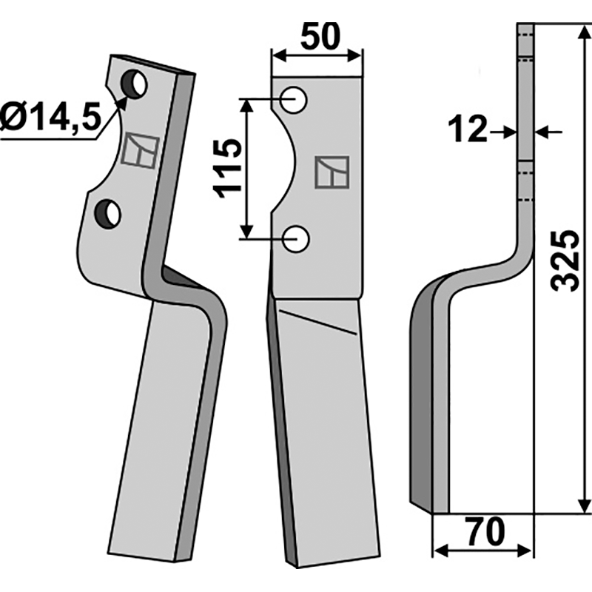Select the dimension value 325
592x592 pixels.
[565, 261]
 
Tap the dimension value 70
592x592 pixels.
[485, 531]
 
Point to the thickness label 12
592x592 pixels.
[468, 132]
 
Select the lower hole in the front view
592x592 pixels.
[297, 238]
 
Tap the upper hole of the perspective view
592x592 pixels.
[135, 84]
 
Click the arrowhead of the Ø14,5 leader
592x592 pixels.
[123, 99]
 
